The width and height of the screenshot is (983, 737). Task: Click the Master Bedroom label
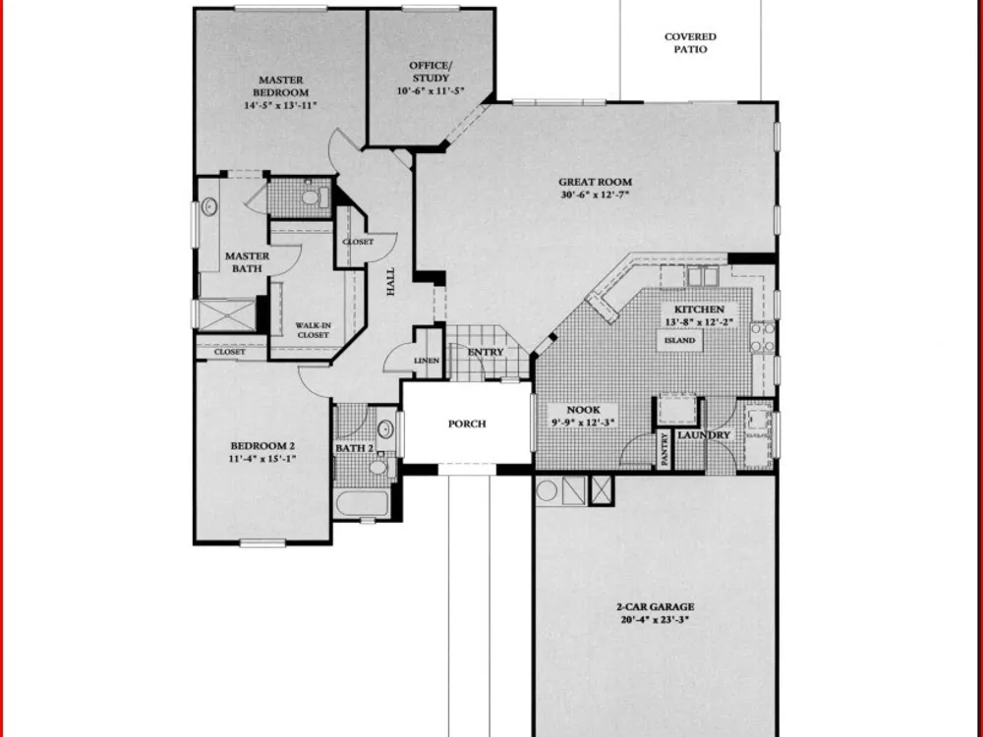(281, 85)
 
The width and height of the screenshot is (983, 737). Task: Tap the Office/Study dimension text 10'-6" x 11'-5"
(431, 90)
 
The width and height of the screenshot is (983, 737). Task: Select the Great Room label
(595, 183)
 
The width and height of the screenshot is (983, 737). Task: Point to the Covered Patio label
(690, 43)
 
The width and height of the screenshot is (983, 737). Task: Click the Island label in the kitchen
(680, 340)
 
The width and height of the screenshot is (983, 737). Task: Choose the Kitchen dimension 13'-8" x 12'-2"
(699, 322)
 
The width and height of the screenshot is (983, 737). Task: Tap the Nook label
(583, 410)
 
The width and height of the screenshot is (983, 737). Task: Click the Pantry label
(665, 449)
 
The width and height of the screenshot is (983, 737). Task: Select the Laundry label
(704, 435)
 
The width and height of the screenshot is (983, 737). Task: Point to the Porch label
(467, 424)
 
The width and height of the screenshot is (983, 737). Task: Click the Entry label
(486, 352)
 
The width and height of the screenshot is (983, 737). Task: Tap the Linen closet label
(427, 361)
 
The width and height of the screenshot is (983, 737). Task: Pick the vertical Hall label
(390, 282)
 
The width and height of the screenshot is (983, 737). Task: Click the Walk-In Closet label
(313, 330)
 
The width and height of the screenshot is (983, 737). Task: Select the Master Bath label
(247, 262)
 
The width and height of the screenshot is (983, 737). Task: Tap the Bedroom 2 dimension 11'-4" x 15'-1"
(262, 458)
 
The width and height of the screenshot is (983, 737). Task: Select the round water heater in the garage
(547, 490)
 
